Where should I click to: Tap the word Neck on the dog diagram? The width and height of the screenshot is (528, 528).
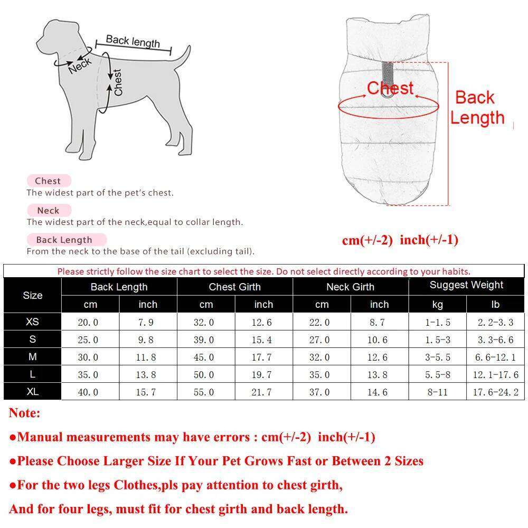click(x=80, y=66)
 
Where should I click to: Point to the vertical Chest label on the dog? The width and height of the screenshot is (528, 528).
click(x=118, y=82)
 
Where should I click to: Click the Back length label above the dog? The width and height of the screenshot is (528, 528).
click(x=133, y=41)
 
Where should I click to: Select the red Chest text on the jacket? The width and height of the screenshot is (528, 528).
click(x=390, y=88)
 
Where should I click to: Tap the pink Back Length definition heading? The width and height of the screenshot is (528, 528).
click(x=64, y=240)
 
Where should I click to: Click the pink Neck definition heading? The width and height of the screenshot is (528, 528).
click(x=48, y=210)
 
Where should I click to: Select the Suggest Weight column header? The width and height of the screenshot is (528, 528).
click(x=466, y=286)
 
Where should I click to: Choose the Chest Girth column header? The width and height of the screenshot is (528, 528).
click(x=234, y=287)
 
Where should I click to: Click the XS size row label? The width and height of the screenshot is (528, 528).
click(x=32, y=322)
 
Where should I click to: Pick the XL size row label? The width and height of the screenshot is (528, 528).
click(x=32, y=392)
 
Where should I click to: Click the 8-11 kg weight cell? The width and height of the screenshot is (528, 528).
click(x=437, y=392)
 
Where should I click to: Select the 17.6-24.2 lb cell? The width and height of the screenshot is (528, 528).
click(x=496, y=392)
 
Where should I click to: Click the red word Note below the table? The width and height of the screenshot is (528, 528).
click(x=24, y=413)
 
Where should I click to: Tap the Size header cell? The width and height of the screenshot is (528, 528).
click(x=32, y=295)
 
